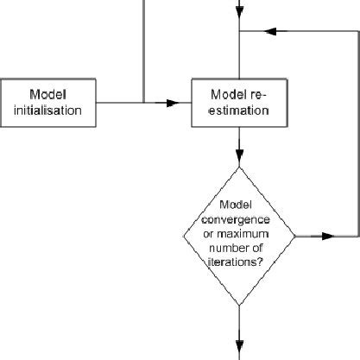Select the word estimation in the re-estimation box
(x=239, y=111)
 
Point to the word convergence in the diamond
(x=239, y=219)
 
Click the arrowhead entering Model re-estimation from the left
(x=184, y=103)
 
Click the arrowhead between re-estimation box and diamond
(x=239, y=158)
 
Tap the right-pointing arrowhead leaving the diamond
(x=328, y=235)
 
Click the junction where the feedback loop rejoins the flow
(x=239, y=32)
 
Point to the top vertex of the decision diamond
(x=239, y=167)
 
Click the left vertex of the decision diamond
(x=184, y=235)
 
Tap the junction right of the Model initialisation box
(x=143, y=103)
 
